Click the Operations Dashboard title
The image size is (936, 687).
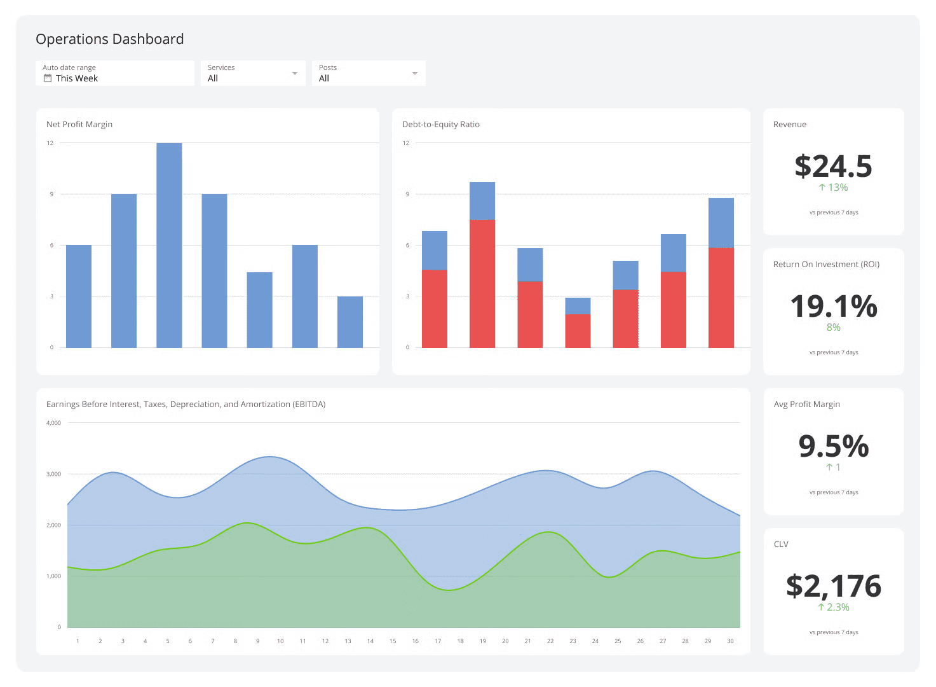coord(109,39)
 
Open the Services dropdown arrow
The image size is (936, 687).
coord(294,73)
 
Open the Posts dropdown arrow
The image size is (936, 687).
coord(414,73)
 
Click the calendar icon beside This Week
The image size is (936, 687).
coord(47,78)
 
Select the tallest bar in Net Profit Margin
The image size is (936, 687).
coord(169,245)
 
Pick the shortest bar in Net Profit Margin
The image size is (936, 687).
coord(349,322)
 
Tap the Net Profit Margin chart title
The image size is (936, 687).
coord(79,125)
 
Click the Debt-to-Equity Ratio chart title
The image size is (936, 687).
coord(440,125)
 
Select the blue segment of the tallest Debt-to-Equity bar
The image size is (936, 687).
coord(482,200)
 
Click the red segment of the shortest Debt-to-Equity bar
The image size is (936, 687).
coord(578,331)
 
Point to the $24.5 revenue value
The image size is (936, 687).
coord(833,167)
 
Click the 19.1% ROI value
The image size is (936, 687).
coord(833,307)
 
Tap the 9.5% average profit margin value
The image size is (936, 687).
coord(833,447)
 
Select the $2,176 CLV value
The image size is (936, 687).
coord(833,586)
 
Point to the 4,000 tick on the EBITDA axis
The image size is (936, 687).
coord(54,423)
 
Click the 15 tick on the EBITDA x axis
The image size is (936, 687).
coord(393,641)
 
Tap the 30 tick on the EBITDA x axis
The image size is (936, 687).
coord(730,641)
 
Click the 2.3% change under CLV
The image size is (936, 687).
coord(837,607)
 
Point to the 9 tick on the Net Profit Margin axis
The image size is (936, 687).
coord(51,194)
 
